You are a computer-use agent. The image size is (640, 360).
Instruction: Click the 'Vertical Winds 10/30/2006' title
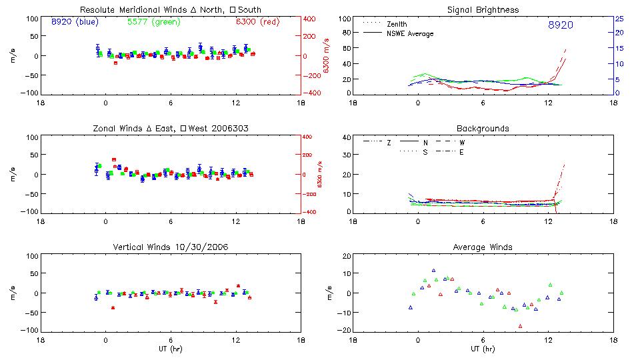[170, 247]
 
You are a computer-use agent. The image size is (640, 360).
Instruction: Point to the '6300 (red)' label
[257, 22]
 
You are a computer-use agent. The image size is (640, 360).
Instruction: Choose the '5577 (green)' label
[153, 22]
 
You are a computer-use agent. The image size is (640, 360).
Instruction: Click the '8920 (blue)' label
[75, 22]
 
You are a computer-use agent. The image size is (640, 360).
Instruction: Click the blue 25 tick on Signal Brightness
[619, 19]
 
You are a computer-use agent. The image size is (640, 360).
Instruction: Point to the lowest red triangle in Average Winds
[520, 326]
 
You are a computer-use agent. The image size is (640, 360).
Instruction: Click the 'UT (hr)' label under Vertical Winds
[170, 349]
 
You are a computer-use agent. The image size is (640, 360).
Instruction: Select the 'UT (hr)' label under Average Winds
[483, 349]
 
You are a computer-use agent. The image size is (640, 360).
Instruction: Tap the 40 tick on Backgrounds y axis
[346, 137]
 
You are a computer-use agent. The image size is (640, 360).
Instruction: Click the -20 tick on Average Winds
[345, 331]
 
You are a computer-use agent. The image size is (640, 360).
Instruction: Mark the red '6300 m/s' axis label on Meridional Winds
[327, 56]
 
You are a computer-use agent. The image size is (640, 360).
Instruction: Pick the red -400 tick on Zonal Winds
[308, 212]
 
